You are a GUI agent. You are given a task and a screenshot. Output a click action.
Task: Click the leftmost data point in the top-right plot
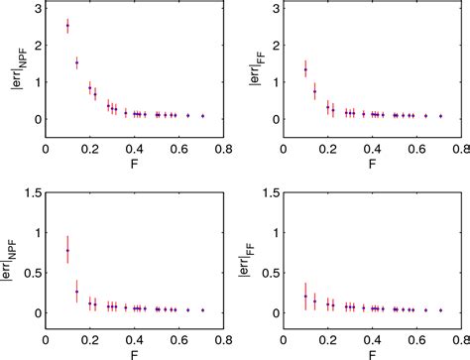point(305,68)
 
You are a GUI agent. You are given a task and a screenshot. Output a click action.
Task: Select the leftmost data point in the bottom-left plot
point(67,251)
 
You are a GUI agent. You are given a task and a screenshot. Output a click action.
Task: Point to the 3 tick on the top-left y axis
point(35,9)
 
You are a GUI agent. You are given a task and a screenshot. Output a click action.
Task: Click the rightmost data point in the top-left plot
point(202,116)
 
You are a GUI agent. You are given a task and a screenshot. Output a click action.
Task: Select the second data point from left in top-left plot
point(76,62)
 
